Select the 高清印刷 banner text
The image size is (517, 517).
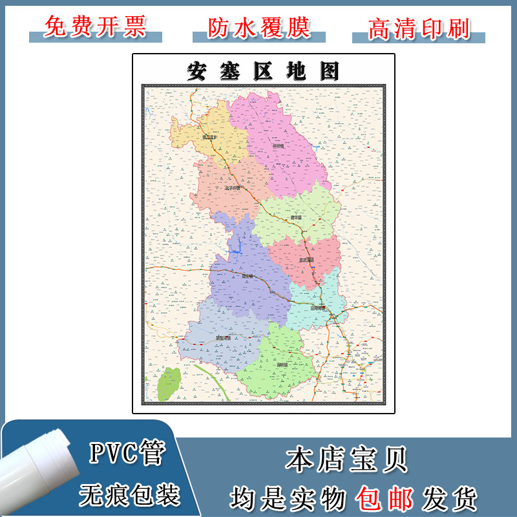tap(418, 27)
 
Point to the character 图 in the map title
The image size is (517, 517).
tap(328, 71)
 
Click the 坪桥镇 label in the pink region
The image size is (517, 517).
tap(279, 147)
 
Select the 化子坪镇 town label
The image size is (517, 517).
tap(231, 188)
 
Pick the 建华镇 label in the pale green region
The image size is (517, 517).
tap(296, 217)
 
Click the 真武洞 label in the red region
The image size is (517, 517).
tap(306, 260)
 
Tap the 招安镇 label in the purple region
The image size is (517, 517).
tap(246, 275)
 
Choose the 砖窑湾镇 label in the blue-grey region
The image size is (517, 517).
tap(222, 337)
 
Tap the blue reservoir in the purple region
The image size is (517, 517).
tap(238, 246)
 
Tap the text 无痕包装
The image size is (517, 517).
tap(129, 496)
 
